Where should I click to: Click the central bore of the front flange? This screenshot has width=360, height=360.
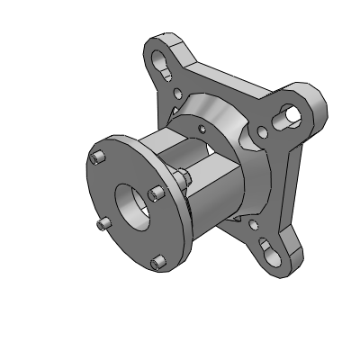click(132, 207)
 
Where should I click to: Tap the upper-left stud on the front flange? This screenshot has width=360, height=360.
click(95, 159)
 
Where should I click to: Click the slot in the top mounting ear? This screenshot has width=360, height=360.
click(164, 63)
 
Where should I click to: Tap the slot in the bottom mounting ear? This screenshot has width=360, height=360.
click(269, 247)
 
